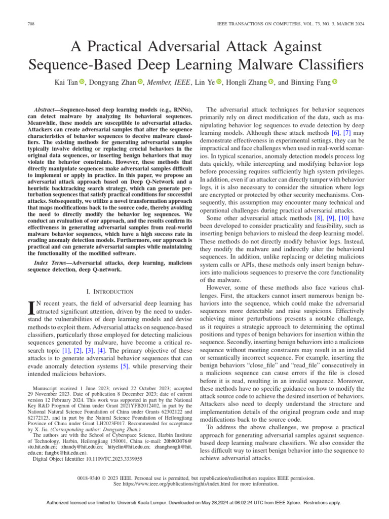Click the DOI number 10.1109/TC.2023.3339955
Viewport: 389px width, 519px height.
pyautogui.click(x=112, y=458)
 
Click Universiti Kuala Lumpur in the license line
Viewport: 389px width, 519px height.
pyautogui.click(x=157, y=503)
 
